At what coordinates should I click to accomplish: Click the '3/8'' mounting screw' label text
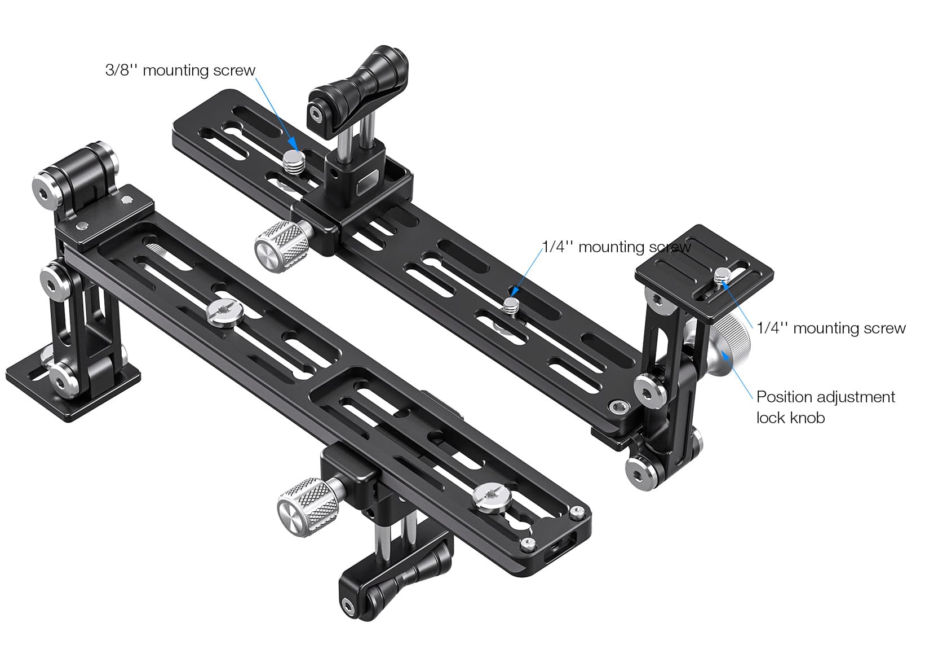(180, 71)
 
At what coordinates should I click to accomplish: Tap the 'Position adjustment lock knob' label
(825, 407)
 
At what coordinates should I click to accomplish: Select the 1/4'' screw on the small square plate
(723, 276)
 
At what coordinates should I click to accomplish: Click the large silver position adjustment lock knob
(727, 343)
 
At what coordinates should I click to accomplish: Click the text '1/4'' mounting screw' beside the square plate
(830, 328)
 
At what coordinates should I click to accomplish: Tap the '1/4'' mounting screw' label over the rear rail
(616, 247)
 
